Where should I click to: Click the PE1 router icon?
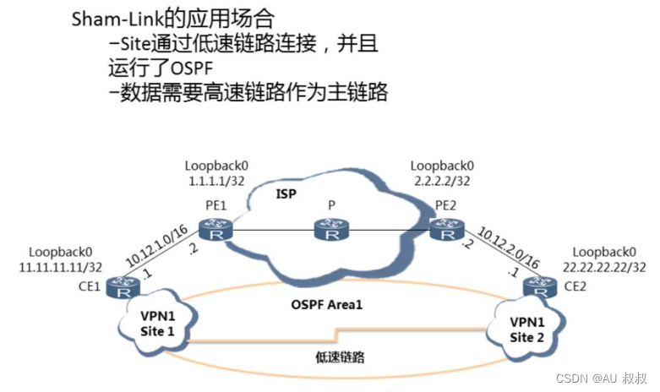pos(211,228)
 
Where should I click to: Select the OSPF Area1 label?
pos(329,303)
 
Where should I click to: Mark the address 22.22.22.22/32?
pos(608,266)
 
